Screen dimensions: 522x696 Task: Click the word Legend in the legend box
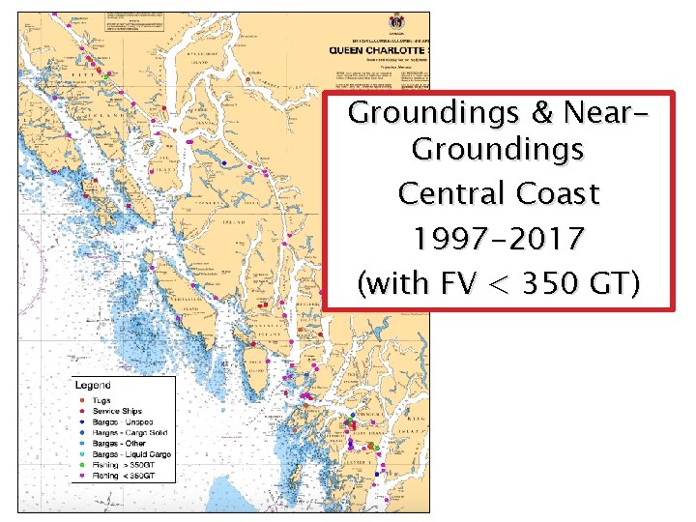(93, 386)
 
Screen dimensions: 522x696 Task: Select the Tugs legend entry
(101, 400)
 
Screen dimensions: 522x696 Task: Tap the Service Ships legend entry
(117, 411)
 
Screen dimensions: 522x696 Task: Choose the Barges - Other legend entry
(121, 443)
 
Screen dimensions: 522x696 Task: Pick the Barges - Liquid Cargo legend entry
(131, 454)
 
